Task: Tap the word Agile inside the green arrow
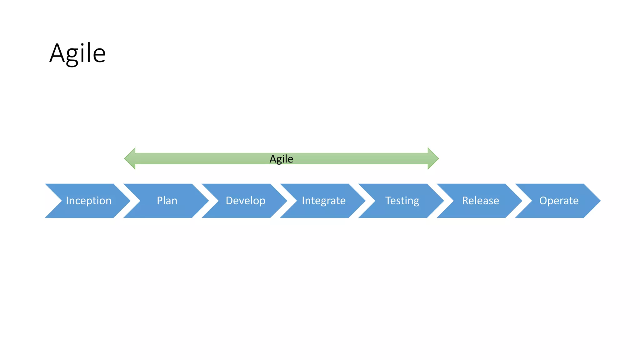click(x=281, y=159)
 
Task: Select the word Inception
click(x=88, y=201)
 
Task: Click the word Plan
click(x=167, y=201)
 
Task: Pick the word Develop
click(x=245, y=201)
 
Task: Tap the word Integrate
click(x=324, y=201)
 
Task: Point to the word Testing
click(x=402, y=201)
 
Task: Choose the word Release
click(x=481, y=201)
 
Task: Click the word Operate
click(x=559, y=201)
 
